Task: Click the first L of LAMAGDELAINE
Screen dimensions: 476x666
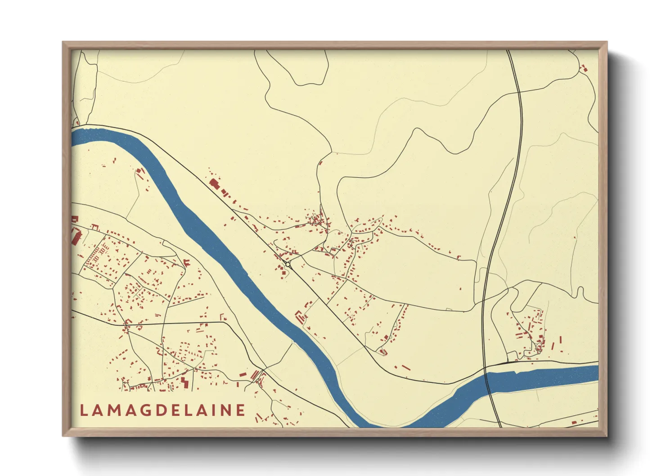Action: click(84, 410)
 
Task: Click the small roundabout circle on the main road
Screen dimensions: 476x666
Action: click(288, 265)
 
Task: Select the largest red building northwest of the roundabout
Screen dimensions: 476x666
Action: click(214, 183)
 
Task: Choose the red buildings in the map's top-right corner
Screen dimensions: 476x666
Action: click(584, 69)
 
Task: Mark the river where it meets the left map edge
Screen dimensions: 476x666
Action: click(74, 137)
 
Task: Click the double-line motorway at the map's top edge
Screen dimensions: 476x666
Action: click(509, 51)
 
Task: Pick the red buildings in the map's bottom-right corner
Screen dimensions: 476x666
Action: click(574, 422)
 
